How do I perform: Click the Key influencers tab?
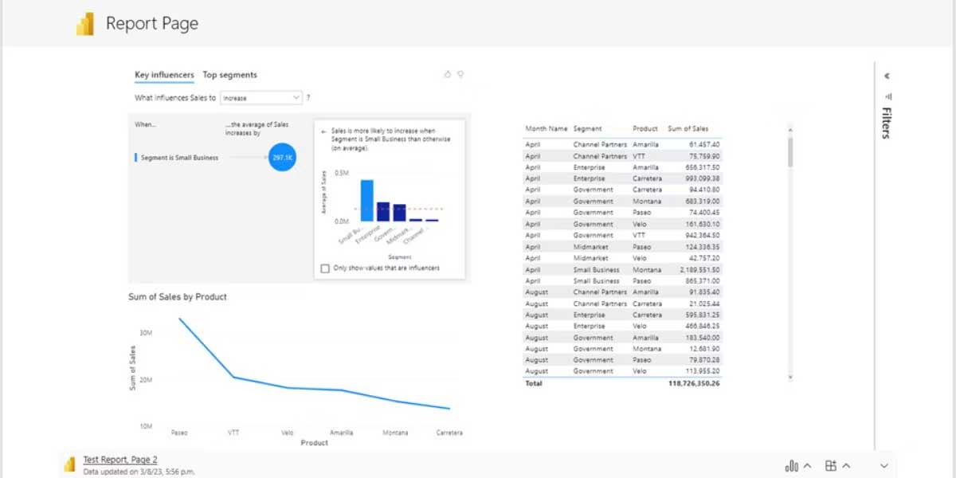point(164,75)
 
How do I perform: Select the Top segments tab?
point(229,75)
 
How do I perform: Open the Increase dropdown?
point(261,98)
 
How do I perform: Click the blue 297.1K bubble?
point(282,158)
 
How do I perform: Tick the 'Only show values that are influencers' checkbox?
point(325,268)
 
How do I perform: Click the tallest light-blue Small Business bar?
point(366,200)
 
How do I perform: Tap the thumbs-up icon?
point(447,74)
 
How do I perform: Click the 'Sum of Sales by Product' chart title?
point(178,296)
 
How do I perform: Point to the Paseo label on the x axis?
point(179,433)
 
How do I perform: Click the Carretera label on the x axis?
point(449,433)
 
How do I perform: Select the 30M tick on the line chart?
point(146,332)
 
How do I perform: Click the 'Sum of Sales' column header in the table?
point(688,128)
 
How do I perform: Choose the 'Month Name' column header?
point(546,128)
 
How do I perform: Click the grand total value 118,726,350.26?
point(693,383)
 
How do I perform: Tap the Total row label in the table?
point(533,383)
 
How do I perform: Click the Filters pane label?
point(886,123)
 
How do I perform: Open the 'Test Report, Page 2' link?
point(119,460)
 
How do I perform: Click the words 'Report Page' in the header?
point(152,24)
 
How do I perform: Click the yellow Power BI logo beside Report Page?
point(85,25)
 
